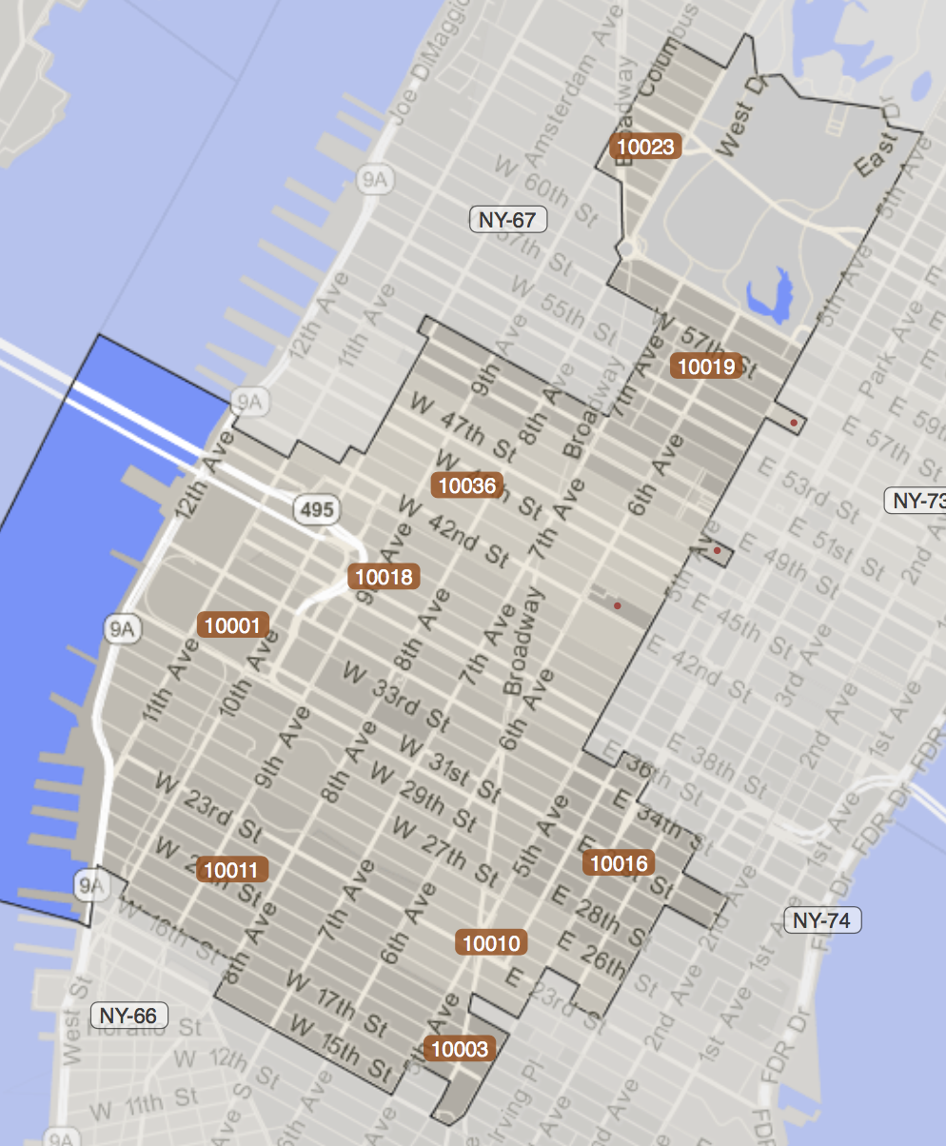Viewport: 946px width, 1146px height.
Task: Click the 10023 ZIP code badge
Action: click(646, 147)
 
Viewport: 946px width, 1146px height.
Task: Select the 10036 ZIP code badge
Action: click(466, 485)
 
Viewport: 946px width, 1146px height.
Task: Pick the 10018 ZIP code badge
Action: click(384, 576)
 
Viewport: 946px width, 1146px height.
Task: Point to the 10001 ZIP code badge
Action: click(232, 625)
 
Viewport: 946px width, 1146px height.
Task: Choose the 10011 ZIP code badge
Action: click(231, 869)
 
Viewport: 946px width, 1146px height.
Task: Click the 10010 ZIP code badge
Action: click(491, 943)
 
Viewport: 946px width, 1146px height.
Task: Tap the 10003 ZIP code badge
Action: click(460, 1049)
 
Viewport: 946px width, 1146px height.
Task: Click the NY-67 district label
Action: click(508, 220)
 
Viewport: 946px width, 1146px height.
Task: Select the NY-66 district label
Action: click(129, 1016)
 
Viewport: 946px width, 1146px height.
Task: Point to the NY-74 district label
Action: click(822, 919)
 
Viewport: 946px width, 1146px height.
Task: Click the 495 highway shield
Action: click(317, 509)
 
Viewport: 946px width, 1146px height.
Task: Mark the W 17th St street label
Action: click(339, 1002)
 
